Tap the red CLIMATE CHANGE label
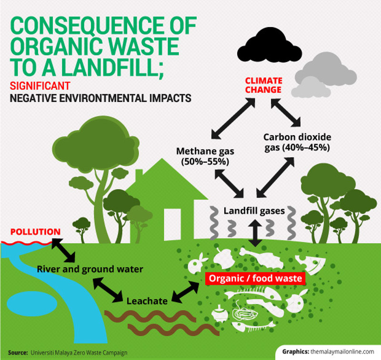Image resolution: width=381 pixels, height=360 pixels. [x=263, y=85]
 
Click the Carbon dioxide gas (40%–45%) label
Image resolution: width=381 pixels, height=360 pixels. [x=296, y=142]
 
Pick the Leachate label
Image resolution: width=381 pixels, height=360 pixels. [x=147, y=301]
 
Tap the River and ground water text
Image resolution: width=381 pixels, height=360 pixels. [x=90, y=270]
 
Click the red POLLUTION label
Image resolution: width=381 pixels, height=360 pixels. [x=36, y=232]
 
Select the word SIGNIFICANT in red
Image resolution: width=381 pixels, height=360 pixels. [x=40, y=86]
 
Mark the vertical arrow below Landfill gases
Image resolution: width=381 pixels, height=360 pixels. [x=256, y=233]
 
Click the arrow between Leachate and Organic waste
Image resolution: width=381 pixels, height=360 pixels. [x=185, y=292]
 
